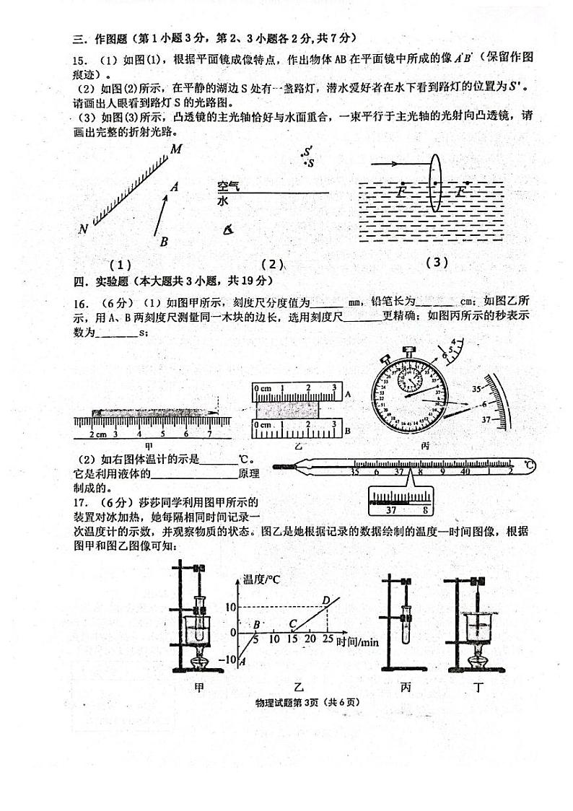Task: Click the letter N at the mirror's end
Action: pyautogui.click(x=84, y=229)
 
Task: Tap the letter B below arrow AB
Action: pyautogui.click(x=164, y=242)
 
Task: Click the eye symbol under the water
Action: pyautogui.click(x=228, y=229)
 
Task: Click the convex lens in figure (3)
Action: pyautogui.click(x=435, y=184)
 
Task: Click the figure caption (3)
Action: pyautogui.click(x=437, y=263)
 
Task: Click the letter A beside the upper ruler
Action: pyautogui.click(x=348, y=395)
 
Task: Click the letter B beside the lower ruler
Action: pyautogui.click(x=348, y=431)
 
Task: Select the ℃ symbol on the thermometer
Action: pyautogui.click(x=530, y=463)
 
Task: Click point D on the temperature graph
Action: pyautogui.click(x=326, y=599)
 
